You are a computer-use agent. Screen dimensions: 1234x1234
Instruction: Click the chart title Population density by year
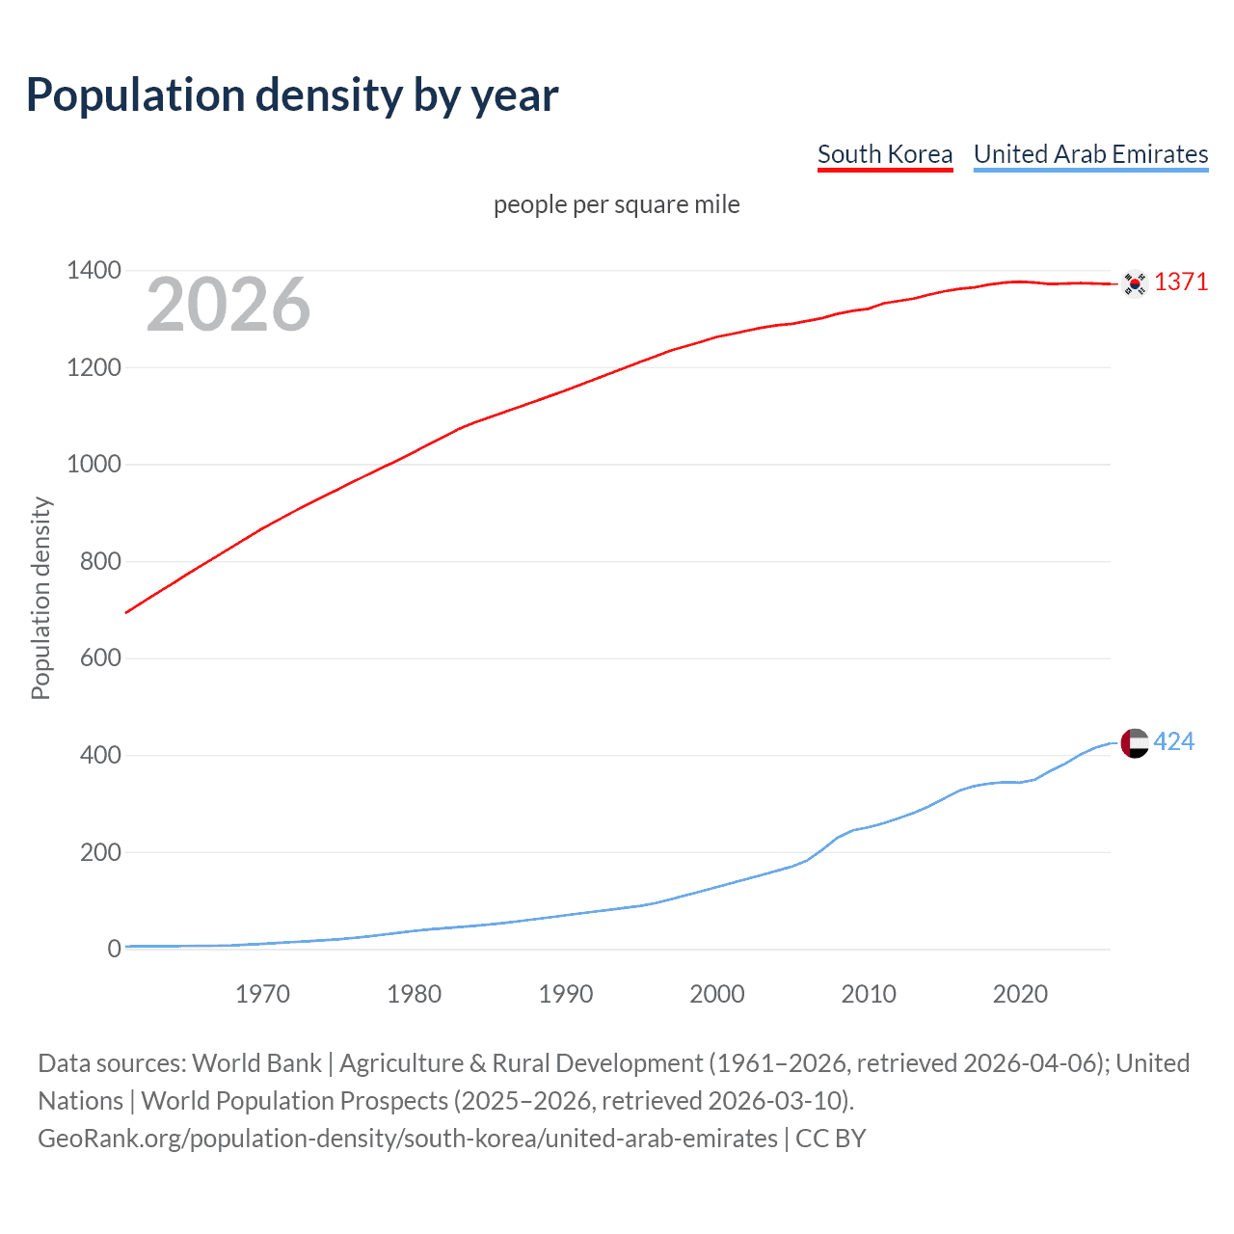292,95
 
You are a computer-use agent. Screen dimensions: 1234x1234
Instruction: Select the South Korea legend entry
884,154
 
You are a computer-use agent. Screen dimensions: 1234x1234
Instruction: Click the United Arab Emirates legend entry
1090,154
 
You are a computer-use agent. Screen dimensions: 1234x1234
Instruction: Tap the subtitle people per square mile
616,204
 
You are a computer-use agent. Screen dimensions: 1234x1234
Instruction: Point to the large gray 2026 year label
228,305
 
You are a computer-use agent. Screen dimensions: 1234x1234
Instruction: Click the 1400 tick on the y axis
94,270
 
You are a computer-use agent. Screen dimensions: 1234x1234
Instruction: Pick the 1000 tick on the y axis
94,464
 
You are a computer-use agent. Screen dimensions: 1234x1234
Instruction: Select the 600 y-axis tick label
100,657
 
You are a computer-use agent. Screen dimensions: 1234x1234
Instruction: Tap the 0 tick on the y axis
115,949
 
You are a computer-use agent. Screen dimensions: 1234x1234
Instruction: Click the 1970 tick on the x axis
262,994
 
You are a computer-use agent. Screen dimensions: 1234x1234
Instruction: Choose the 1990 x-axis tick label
566,994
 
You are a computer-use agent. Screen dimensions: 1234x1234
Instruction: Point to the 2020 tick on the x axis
1020,994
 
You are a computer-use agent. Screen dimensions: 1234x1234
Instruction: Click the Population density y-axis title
40,598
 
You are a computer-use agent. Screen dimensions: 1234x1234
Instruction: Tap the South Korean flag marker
1135,283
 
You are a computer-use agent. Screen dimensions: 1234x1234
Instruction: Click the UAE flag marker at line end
1135,743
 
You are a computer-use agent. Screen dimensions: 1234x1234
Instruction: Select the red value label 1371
1180,282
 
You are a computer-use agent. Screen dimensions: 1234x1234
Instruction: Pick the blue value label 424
1173,741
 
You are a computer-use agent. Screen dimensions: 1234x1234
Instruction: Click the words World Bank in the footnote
256,1063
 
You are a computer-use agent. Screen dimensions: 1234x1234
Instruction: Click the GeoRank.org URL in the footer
407,1139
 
